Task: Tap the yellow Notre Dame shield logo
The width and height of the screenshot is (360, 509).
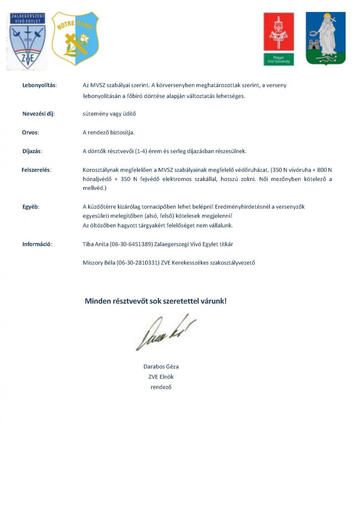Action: pyautogui.click(x=75, y=39)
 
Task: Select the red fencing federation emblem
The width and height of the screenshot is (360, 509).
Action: pyautogui.click(x=279, y=39)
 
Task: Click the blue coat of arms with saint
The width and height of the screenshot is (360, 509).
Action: pyautogui.click(x=326, y=38)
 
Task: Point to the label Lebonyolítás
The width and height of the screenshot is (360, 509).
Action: pyautogui.click(x=39, y=85)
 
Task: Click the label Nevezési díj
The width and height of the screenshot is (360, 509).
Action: pyautogui.click(x=39, y=114)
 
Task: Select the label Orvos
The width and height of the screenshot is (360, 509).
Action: pyautogui.click(x=30, y=132)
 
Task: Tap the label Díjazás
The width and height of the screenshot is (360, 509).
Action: pyautogui.click(x=32, y=151)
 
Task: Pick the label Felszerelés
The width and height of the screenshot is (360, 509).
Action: pyautogui.click(x=36, y=170)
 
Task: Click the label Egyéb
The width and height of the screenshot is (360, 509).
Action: pyautogui.click(x=31, y=207)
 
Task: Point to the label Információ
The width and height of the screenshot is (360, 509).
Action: pyautogui.click(x=37, y=244)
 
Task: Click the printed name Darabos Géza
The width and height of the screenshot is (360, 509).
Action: pyautogui.click(x=161, y=366)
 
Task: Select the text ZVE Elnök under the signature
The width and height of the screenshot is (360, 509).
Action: pyautogui.click(x=161, y=377)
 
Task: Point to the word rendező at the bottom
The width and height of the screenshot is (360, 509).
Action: pyautogui.click(x=161, y=387)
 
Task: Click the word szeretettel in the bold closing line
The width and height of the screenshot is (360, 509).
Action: pyautogui.click(x=178, y=301)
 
